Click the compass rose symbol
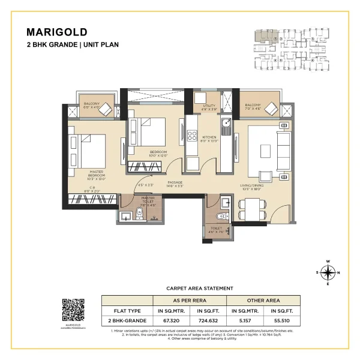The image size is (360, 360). [x=328, y=273]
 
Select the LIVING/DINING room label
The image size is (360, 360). [x=262, y=187]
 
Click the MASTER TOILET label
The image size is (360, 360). [x=148, y=200]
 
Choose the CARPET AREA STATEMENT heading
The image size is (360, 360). [x=199, y=289]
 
